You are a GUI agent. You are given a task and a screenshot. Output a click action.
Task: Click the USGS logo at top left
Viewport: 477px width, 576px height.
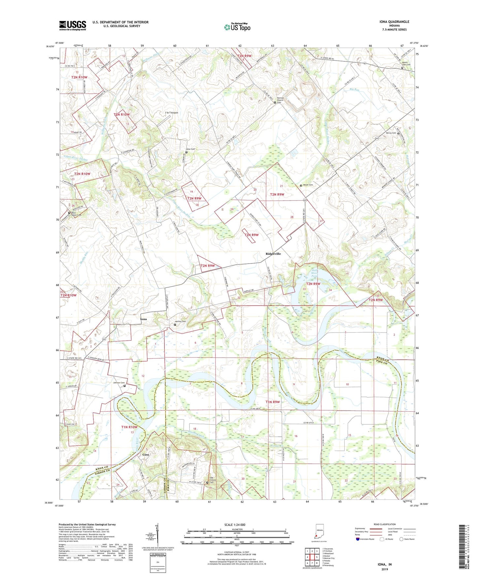pos(73,25)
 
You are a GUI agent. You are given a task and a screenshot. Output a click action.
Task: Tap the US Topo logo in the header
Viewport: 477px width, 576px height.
pos(237,27)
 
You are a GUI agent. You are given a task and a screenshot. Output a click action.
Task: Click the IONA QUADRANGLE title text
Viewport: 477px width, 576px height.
pos(394,22)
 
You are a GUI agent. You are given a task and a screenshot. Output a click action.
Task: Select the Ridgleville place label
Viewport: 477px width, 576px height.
pos(273,254)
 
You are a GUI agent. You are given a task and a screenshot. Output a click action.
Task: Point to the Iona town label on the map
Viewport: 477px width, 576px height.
pos(143,319)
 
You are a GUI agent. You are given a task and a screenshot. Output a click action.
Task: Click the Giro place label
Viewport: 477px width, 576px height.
pos(146,455)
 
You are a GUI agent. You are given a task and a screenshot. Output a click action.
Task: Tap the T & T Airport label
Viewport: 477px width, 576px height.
pos(171,113)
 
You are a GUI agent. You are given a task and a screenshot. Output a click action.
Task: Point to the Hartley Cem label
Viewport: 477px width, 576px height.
pos(180,322)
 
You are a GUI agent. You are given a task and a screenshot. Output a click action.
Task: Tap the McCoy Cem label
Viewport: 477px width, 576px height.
pos(391,133)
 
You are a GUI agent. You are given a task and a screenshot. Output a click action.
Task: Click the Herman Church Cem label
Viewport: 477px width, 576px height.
pos(280,100)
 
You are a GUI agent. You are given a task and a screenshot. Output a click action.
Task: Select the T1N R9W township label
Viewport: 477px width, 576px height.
pos(273,402)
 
